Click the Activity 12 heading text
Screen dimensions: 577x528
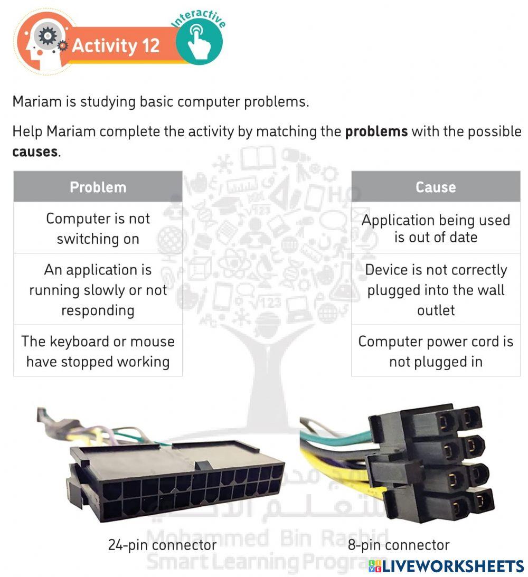tap(115, 45)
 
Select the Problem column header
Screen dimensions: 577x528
tap(98, 187)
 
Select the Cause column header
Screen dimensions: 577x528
tap(436, 187)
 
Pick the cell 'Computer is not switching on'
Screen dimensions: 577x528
tap(98, 229)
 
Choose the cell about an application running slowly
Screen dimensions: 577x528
tap(98, 290)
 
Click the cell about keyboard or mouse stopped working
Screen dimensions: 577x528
tap(98, 351)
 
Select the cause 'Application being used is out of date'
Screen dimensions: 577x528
tap(436, 229)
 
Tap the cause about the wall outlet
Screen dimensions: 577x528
tap(436, 290)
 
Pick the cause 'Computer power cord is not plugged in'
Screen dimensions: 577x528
tap(436, 351)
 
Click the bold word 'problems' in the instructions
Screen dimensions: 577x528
tap(376, 131)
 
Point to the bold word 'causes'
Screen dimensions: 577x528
tap(34, 152)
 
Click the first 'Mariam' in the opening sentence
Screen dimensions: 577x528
tap(36, 101)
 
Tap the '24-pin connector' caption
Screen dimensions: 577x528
tap(162, 544)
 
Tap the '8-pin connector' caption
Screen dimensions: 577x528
tap(399, 544)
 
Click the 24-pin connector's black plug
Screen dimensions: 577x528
tap(174, 480)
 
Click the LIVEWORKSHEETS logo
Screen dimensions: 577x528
tap(446, 566)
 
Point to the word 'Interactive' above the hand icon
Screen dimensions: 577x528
tap(200, 16)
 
